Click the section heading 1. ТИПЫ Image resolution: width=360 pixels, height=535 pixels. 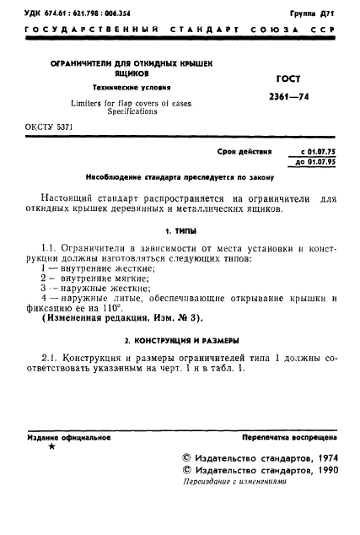click(x=180, y=229)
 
